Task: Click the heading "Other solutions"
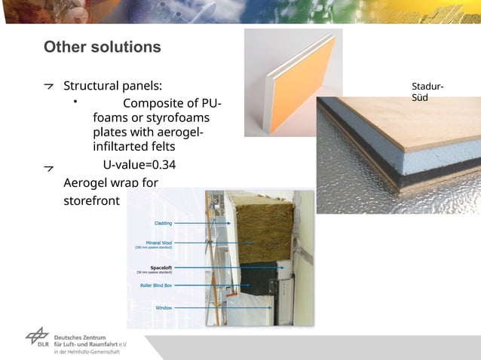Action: click(102, 47)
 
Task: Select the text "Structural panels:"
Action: click(112, 85)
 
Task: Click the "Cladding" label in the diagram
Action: click(163, 223)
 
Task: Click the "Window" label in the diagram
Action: click(164, 307)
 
